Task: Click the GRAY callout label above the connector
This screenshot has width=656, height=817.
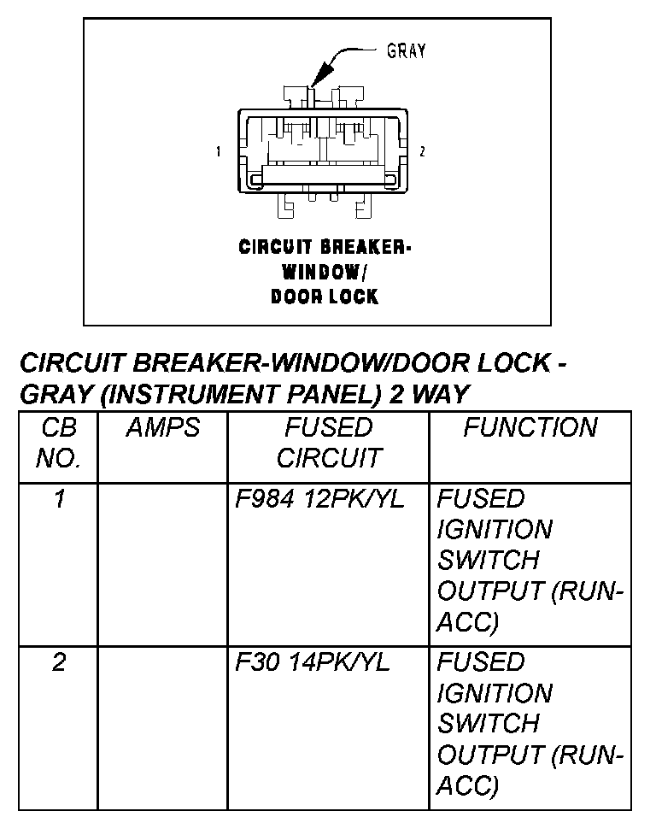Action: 406,50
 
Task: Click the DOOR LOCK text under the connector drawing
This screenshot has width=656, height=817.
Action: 325,297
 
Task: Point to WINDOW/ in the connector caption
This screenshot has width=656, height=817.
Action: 325,273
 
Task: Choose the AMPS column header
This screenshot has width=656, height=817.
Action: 162,427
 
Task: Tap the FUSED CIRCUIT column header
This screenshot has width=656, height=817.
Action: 328,442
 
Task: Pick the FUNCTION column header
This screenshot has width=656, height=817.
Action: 530,427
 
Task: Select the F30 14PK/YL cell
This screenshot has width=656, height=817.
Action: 313,662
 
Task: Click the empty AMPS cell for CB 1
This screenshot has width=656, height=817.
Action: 162,564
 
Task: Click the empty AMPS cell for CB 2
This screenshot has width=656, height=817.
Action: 162,726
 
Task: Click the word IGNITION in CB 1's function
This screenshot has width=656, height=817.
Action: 494,530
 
